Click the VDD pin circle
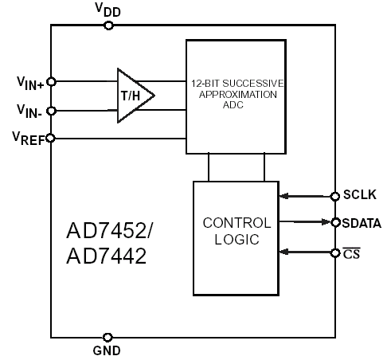108,25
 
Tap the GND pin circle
107,338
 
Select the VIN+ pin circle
51,82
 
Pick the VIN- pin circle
51,111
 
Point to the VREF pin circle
50,139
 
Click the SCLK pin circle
335,197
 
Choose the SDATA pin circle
335,222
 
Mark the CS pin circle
335,253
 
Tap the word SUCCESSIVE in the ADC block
253,84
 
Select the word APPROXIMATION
238,95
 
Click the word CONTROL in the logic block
236,223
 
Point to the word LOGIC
236,240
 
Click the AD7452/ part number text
109,230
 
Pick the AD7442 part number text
106,256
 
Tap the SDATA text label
362,223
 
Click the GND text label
107,350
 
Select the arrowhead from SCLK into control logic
284,196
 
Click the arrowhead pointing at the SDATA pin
326,222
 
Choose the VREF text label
29,139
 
